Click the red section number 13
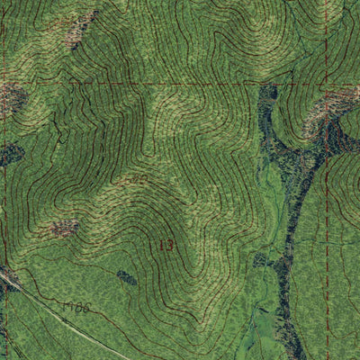click(166, 244)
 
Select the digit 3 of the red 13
click(169, 244)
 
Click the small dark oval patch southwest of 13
click(127, 278)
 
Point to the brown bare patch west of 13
click(64, 229)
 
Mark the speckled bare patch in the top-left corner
click(79, 27)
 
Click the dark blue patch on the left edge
click(9, 155)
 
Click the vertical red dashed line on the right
click(327, 225)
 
